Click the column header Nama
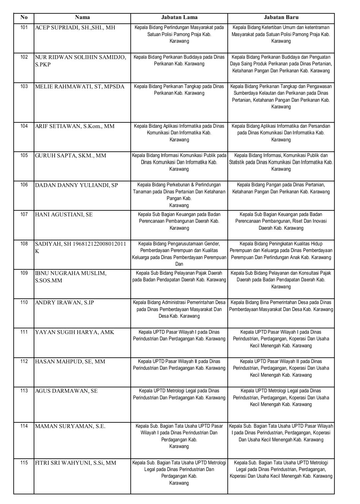pyautogui.click(x=82, y=17)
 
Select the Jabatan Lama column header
pyautogui.click(x=179, y=17)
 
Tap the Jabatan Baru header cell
pyautogui.click(x=281, y=17)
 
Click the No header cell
pyautogui.click(x=24, y=17)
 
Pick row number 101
pyautogui.click(x=24, y=27)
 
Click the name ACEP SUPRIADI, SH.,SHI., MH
pyautogui.click(x=75, y=28)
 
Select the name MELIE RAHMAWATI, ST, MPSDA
pyautogui.click(x=80, y=87)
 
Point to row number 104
pyautogui.click(x=24, y=126)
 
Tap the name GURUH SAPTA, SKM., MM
pyautogui.click(x=71, y=155)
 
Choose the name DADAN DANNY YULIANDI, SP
pyautogui.click(x=76, y=185)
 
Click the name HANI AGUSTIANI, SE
pyautogui.click(x=64, y=214)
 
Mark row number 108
pyautogui.click(x=24, y=243)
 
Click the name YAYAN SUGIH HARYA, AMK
pyautogui.click(x=74, y=332)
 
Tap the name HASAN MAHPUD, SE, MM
pyautogui.click(x=70, y=361)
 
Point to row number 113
pyautogui.click(x=24, y=390)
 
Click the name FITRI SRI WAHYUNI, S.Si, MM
pyautogui.click(x=76, y=463)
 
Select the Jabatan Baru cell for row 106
pyautogui.click(x=281, y=188)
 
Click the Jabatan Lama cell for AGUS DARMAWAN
pyautogui.click(x=179, y=394)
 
